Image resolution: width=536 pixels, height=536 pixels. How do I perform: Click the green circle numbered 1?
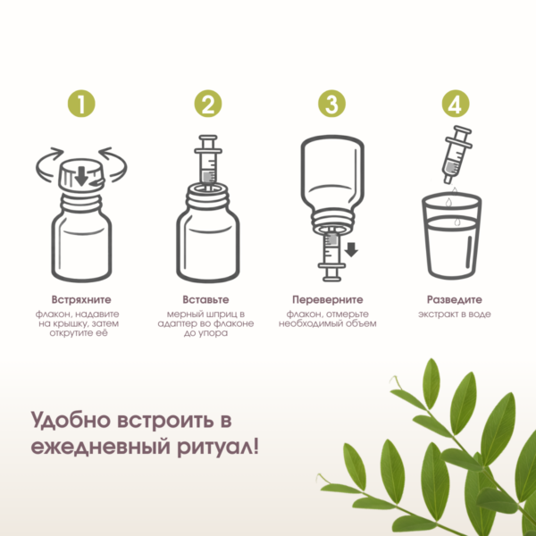tap(81, 104)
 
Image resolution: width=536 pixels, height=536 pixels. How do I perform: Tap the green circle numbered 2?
tap(208, 104)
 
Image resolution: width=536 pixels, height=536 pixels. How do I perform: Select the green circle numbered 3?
tap(331, 104)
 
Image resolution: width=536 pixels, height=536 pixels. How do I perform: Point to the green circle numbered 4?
tap(456, 104)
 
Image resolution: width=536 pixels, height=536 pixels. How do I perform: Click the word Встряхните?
tap(81, 300)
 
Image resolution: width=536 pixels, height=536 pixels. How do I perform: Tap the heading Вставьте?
tap(205, 300)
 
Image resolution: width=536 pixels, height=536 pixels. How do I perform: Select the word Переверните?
tap(328, 300)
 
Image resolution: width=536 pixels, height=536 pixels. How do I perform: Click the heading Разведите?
tap(455, 300)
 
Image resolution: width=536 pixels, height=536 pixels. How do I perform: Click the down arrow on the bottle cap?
tap(81, 176)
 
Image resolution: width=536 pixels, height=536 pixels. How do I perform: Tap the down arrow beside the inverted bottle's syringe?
tap(351, 249)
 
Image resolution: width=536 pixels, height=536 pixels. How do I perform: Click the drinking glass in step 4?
tap(451, 235)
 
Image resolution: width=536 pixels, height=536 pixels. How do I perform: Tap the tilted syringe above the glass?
tap(457, 155)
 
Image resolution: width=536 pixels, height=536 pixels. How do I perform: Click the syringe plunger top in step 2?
tap(208, 138)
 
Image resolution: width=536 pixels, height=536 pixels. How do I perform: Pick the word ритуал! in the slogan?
tap(218, 447)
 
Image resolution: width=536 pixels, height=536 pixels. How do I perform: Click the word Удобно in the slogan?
tap(71, 420)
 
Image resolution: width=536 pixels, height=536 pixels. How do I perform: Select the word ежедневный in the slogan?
tap(100, 447)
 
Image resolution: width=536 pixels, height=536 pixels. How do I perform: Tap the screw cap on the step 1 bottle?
tap(81, 175)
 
